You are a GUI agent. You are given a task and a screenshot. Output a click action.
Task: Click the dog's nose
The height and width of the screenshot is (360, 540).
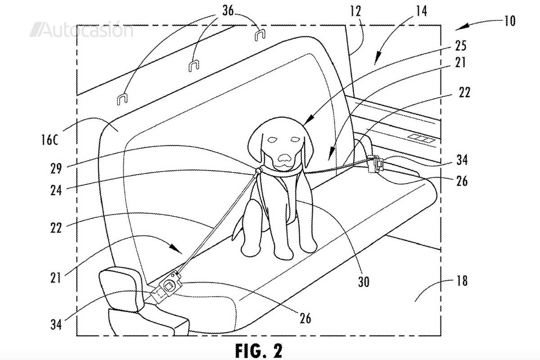[x=284, y=158]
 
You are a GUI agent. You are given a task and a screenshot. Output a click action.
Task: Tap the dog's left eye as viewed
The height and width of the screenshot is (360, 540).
[x=273, y=139]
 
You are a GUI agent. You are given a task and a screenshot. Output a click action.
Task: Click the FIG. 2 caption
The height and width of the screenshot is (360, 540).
[x=259, y=351]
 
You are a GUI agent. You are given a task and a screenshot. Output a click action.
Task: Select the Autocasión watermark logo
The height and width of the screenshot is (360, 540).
[x=81, y=29]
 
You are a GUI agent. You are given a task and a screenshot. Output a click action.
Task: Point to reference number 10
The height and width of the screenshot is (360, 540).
[x=509, y=21]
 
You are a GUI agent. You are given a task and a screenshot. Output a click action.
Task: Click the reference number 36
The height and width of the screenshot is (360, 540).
[x=228, y=11]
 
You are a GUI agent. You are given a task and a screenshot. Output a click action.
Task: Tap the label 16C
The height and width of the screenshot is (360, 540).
[x=49, y=140]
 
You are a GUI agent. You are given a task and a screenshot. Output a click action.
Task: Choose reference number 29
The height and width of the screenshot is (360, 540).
[x=56, y=168]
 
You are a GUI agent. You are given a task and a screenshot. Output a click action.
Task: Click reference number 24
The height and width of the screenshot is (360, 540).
[x=56, y=190]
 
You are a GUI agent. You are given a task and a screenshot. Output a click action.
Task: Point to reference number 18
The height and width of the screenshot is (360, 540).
[x=462, y=281]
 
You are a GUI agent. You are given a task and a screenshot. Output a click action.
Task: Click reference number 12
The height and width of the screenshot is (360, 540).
[x=356, y=11]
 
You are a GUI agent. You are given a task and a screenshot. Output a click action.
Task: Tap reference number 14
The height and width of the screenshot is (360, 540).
[x=421, y=11]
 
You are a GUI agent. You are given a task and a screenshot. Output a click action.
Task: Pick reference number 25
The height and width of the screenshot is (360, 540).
[x=460, y=45]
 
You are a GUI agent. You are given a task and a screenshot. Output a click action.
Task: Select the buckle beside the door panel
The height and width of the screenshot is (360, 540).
[x=375, y=164]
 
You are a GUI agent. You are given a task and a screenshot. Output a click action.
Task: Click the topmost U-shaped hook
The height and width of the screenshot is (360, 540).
[x=260, y=35]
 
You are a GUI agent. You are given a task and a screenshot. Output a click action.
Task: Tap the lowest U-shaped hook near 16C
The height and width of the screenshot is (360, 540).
[x=122, y=99]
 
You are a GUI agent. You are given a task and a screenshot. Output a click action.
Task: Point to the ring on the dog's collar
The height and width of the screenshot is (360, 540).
[x=258, y=170]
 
